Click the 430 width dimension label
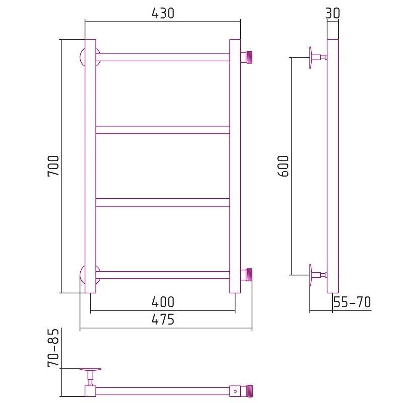point(163,13)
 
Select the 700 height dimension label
point(53,166)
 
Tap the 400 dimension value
point(163,302)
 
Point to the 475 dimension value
point(163,319)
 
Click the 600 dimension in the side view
point(283,166)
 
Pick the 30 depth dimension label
point(333,13)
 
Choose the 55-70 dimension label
point(352,302)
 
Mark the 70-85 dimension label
point(53,348)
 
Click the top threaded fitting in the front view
point(246,57)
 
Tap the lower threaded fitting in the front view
point(246,275)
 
